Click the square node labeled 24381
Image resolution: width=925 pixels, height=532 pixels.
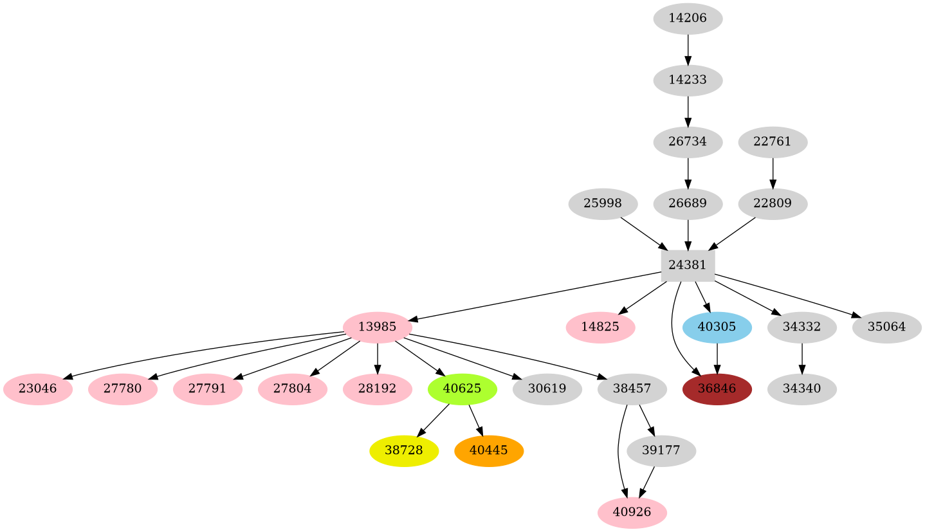pos(688,265)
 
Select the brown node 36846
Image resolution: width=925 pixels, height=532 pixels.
pos(717,389)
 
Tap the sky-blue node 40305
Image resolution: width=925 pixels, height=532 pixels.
pos(717,327)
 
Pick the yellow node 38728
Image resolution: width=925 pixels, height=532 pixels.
pos(403,451)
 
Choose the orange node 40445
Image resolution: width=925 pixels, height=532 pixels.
pos(488,451)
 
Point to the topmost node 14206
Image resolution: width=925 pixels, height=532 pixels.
pos(688,19)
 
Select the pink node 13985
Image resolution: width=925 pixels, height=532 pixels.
pos(377,327)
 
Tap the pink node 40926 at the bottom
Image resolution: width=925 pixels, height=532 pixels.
pos(632,513)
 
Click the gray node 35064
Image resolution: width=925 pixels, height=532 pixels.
pos(886,327)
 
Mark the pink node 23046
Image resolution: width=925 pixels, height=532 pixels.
pos(37,389)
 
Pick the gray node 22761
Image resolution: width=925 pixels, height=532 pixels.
pos(772,142)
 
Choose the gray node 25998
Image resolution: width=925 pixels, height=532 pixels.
pos(603,204)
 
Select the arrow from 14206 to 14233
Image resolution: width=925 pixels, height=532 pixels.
pos(688,50)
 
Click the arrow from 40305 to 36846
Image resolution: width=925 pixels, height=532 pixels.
pos(717,358)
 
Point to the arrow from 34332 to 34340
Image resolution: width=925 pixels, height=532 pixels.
pos(801,358)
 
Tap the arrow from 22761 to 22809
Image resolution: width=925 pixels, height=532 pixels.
pos(772,172)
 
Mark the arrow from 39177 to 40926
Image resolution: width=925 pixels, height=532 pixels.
pos(647,482)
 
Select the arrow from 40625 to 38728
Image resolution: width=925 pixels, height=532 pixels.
pos(434,420)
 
